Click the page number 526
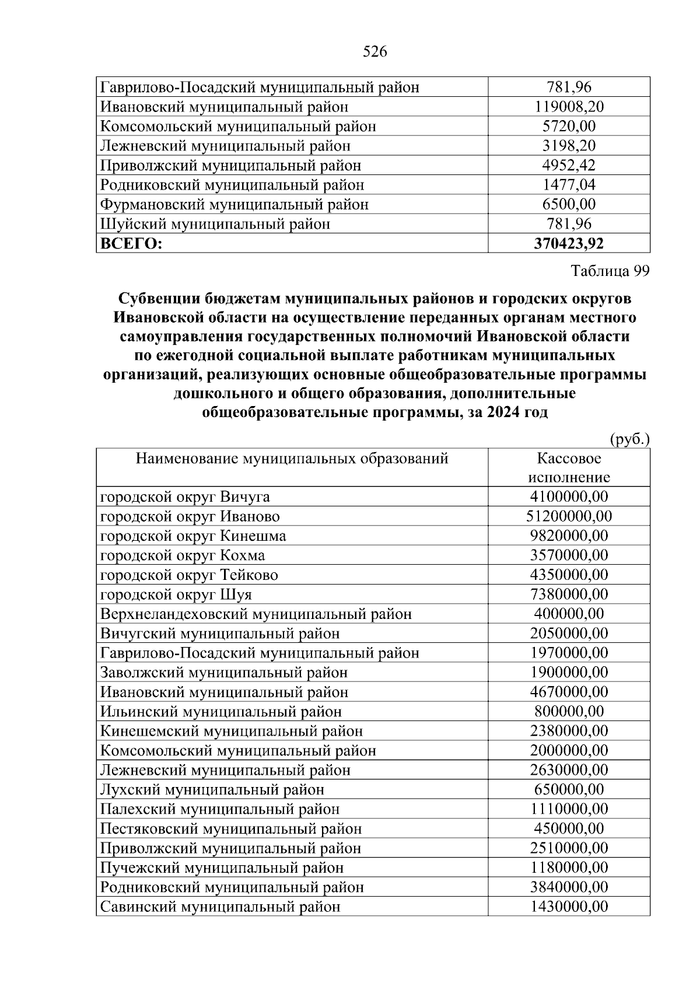(x=374, y=53)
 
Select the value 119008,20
(x=569, y=107)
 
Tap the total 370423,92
(x=569, y=243)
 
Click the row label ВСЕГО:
(x=131, y=243)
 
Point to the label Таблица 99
(x=610, y=271)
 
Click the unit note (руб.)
(x=629, y=439)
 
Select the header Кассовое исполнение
(x=569, y=468)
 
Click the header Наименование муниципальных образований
(x=292, y=459)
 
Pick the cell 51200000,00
(x=569, y=516)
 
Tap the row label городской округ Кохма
(x=182, y=555)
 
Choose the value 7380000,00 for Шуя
(x=569, y=594)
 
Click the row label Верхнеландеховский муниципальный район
(x=256, y=614)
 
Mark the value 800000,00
(x=569, y=712)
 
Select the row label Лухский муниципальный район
(x=212, y=790)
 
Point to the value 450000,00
(x=569, y=829)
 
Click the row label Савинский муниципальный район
(x=220, y=907)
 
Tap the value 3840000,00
(x=569, y=887)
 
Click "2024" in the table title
(x=503, y=412)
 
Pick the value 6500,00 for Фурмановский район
(x=569, y=204)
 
